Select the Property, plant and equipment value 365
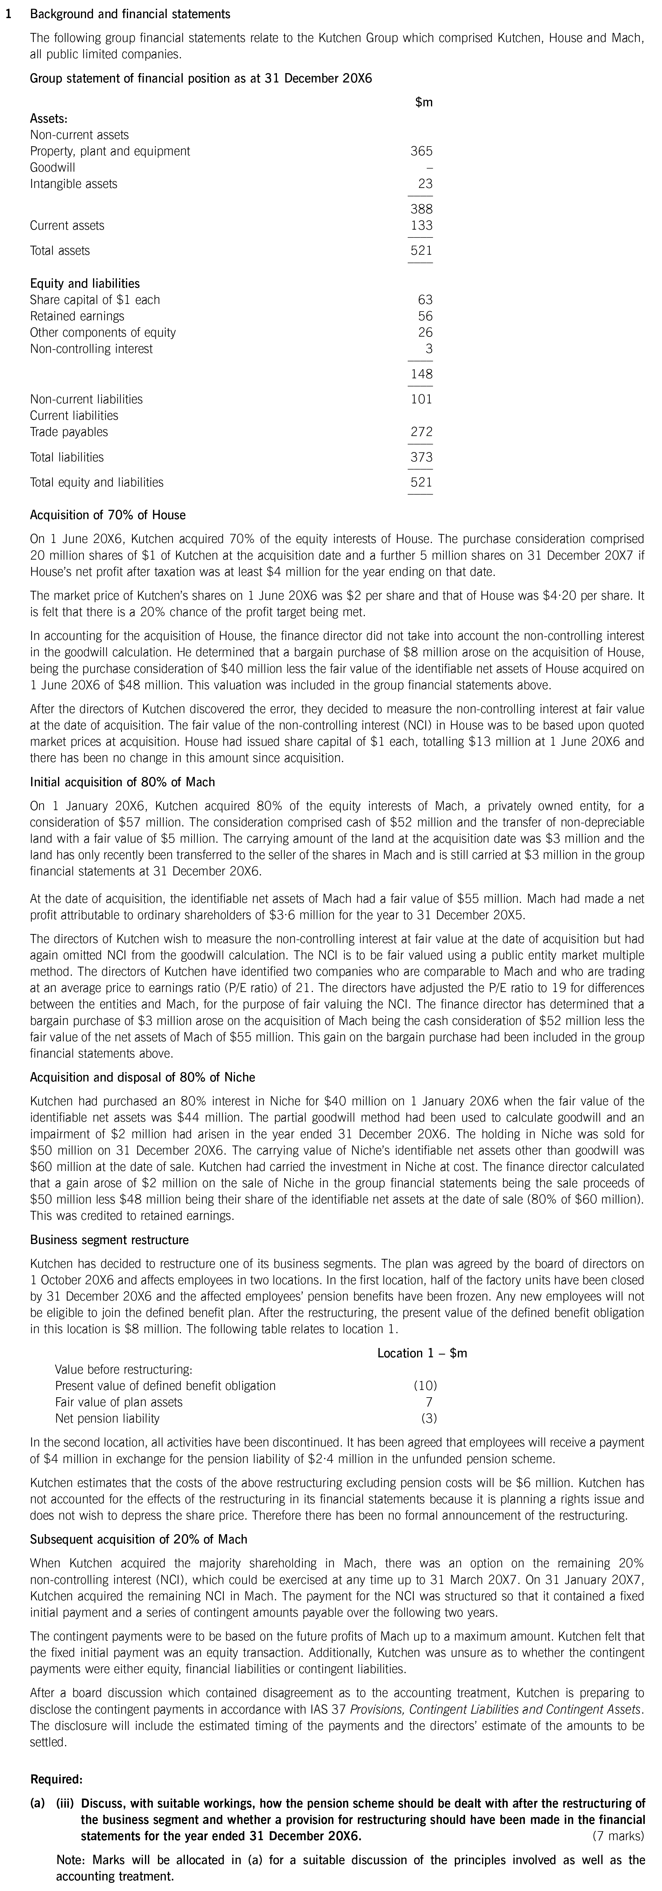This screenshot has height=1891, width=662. [x=421, y=151]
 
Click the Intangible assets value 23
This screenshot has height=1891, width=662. [x=425, y=183]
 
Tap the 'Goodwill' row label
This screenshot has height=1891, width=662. [x=53, y=167]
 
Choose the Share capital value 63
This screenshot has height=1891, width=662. [x=425, y=299]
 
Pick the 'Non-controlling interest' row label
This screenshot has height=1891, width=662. [x=91, y=349]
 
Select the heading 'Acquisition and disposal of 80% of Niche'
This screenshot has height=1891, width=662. [x=142, y=1078]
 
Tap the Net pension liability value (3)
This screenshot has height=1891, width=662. [x=429, y=1418]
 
